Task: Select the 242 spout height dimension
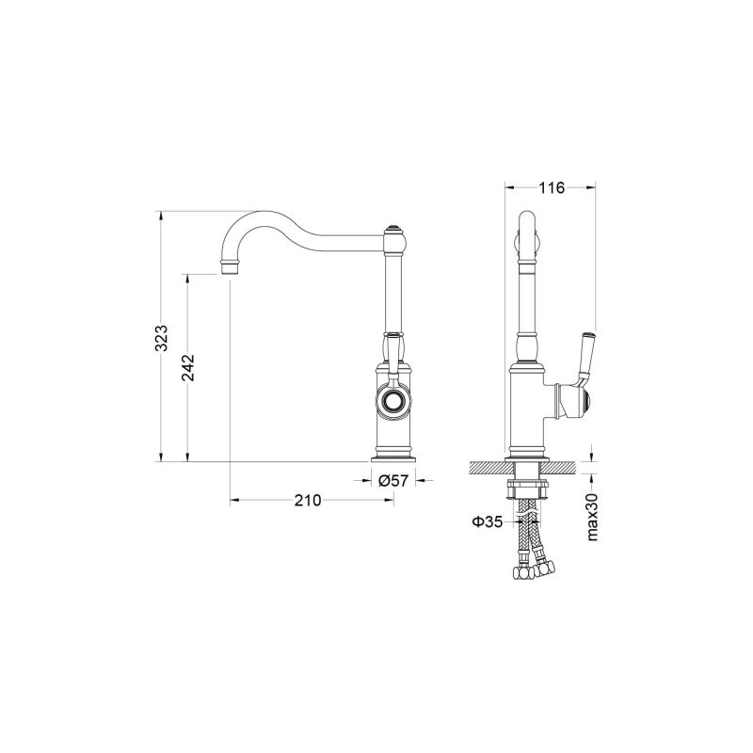click(187, 367)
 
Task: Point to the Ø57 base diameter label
click(393, 480)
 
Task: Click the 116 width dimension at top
click(551, 188)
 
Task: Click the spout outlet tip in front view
click(230, 269)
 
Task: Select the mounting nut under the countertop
click(527, 488)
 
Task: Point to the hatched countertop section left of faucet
click(489, 468)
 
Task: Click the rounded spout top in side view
click(527, 226)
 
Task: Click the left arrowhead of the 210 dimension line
click(235, 499)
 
